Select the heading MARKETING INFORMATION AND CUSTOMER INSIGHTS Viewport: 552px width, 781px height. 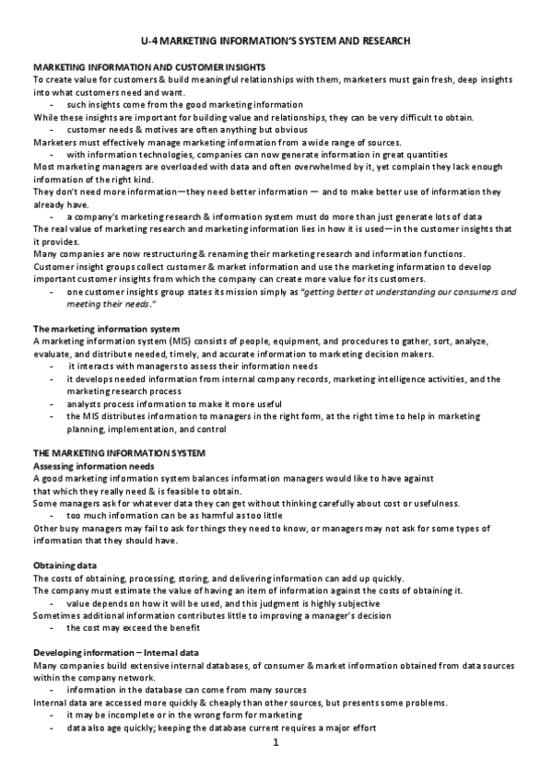click(x=149, y=68)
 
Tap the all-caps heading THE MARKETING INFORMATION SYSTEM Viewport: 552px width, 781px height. click(x=119, y=454)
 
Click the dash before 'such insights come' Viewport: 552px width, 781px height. click(x=53, y=105)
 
